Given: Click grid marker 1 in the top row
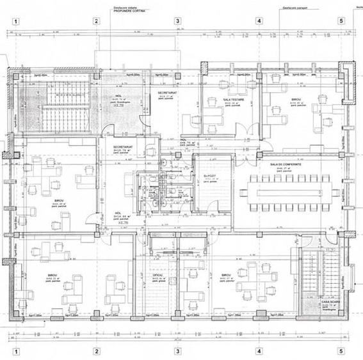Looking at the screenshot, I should pos(15,20).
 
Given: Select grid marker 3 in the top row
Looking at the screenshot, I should pos(178,20).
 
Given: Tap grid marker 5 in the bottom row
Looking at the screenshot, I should pos(341,350).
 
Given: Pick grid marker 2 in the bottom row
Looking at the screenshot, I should pos(97,350).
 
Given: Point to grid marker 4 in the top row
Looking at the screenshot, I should pos(259,20).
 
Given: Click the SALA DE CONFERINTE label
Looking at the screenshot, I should pos(286,164).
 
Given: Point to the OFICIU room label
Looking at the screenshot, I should pos(157,276).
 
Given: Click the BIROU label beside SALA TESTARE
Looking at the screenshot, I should pos(296,100).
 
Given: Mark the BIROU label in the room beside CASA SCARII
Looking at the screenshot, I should pos(226,276).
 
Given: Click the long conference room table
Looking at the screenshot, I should pos(289,191).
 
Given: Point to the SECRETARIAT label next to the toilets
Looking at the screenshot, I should pos(123,148).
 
